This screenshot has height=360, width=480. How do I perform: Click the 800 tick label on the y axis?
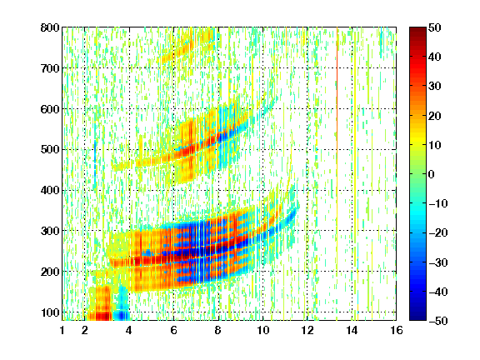[x=50, y=27]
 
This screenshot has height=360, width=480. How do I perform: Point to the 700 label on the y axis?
[x=50, y=68]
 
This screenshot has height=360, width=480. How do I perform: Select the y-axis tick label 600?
[x=50, y=109]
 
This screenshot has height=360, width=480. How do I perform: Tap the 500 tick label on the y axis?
[x=50, y=150]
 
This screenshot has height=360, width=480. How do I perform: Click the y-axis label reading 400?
[x=50, y=190]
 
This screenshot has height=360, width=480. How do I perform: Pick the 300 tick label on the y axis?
[x=50, y=231]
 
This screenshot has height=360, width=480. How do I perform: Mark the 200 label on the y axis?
[x=50, y=272]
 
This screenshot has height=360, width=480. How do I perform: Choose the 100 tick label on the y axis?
[x=50, y=312]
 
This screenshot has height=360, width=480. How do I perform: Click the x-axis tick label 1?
[x=62, y=330]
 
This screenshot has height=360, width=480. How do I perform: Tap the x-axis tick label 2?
[x=85, y=330]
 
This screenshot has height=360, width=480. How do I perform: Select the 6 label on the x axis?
[x=173, y=330]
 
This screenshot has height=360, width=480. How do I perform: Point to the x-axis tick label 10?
[x=262, y=330]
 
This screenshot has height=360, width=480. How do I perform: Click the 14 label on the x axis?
[x=352, y=330]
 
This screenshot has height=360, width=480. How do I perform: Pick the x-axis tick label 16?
[x=397, y=330]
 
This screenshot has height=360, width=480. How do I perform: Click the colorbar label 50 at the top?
[x=434, y=27]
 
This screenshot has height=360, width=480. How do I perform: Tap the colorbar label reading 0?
[x=432, y=174]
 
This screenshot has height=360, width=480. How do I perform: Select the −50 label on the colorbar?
[x=438, y=321]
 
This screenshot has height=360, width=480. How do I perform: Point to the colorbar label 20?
[x=434, y=116]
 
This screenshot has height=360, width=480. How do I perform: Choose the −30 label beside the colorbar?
[x=438, y=262]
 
